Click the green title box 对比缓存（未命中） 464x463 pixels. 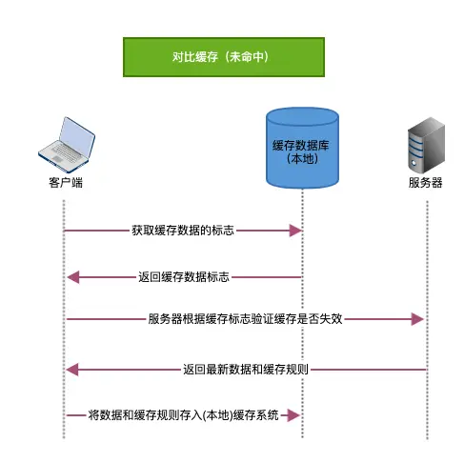[223, 57]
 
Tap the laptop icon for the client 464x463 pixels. [64, 144]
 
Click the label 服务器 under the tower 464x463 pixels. [425, 182]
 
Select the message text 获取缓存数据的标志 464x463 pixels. [183, 231]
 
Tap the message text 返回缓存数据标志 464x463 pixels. [183, 277]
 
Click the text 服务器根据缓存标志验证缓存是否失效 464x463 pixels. [245, 319]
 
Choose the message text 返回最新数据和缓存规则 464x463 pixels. [245, 369]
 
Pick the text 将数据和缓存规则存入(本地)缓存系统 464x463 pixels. [183, 415]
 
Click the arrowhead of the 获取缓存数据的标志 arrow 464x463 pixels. [295, 231]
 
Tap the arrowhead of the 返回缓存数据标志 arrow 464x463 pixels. [71, 277]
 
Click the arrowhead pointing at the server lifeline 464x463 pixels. [417, 319]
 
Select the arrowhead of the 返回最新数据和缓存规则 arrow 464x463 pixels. [71, 369]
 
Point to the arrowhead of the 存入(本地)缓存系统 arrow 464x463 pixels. [295, 415]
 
